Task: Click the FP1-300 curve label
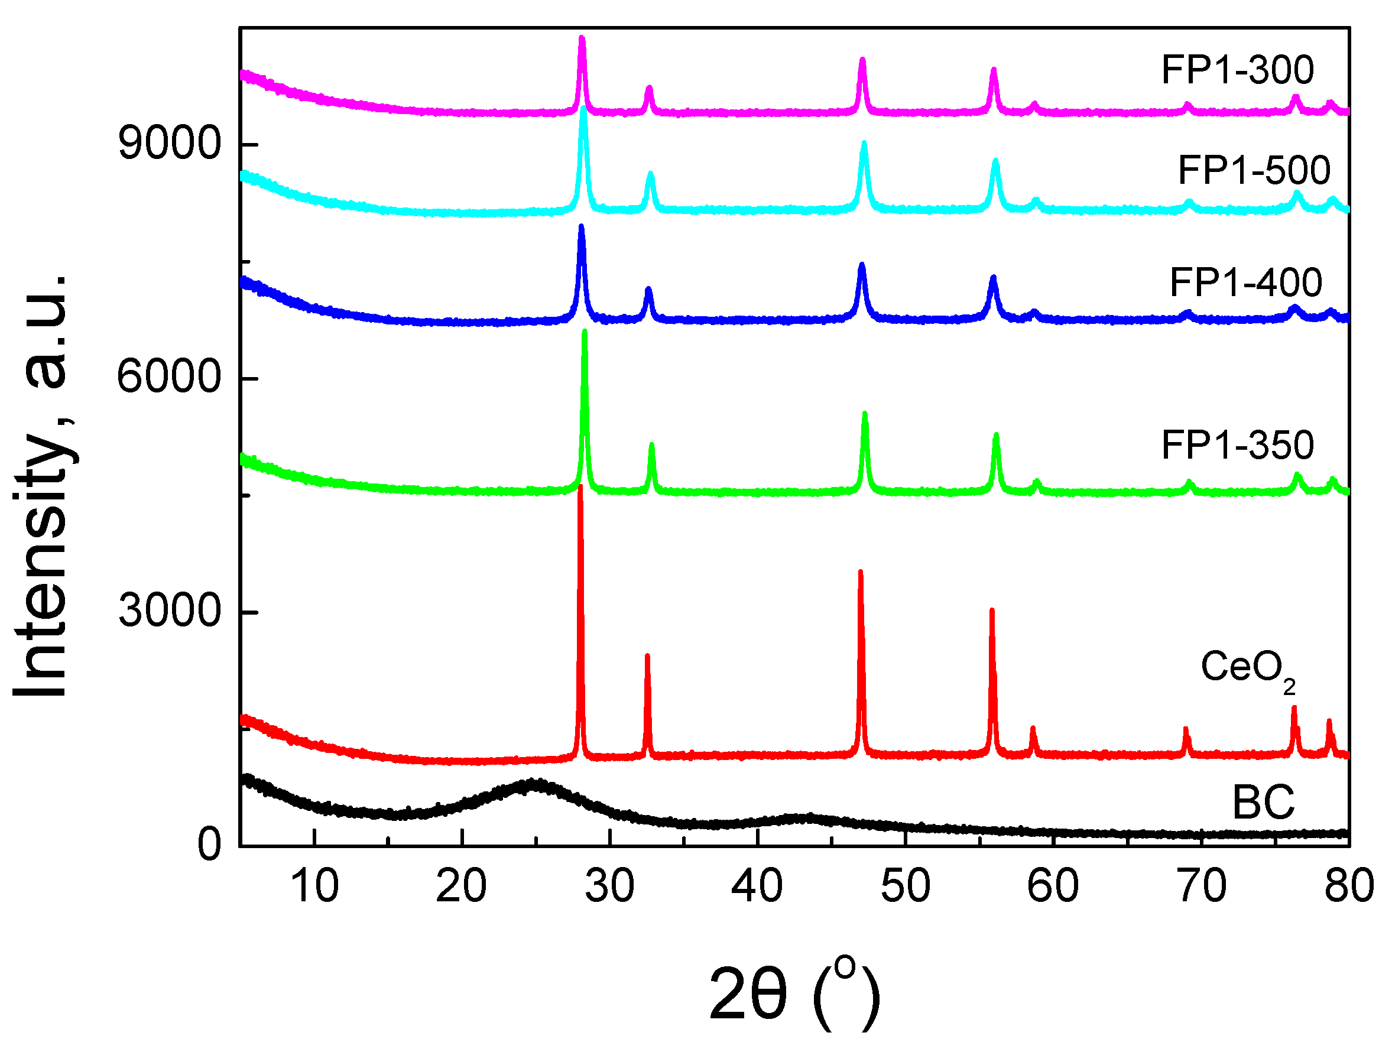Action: point(1237,70)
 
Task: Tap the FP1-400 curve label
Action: point(1245,283)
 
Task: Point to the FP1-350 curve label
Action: point(1237,445)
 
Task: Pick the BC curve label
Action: point(1263,803)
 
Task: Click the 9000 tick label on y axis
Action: point(169,144)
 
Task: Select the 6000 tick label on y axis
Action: point(169,378)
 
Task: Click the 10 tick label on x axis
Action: point(314,886)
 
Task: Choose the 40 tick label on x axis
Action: point(757,886)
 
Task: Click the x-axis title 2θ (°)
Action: point(794,993)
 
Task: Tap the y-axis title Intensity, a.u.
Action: point(42,485)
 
